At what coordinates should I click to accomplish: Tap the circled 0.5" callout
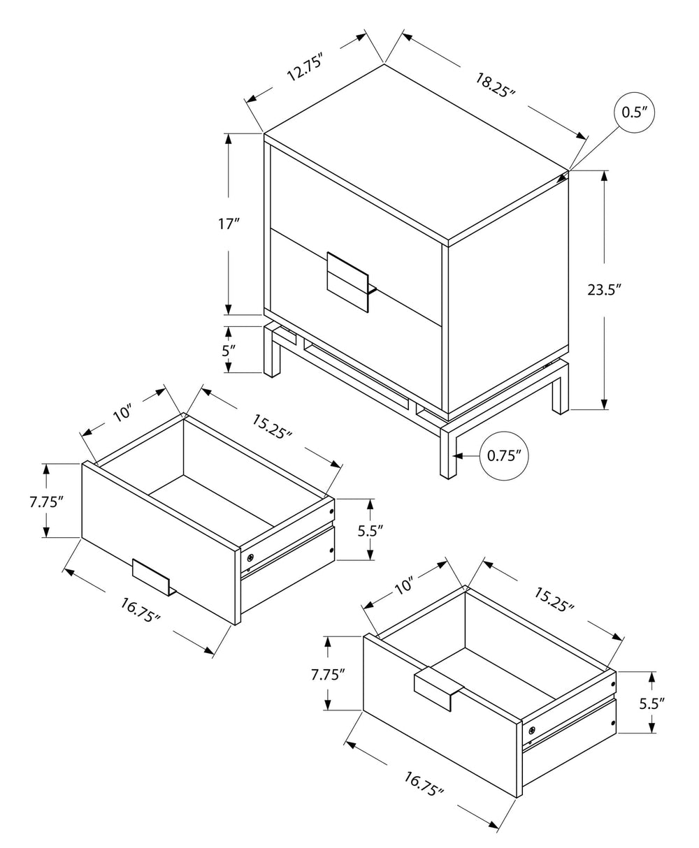point(633,112)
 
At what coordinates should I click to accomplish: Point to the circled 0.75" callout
point(505,456)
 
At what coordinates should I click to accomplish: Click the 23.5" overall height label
point(604,290)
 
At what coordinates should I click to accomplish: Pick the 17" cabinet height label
point(229,225)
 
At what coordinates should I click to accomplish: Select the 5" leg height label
point(229,351)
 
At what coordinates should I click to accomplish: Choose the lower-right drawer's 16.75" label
point(424,784)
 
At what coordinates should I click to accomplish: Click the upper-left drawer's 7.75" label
point(47,501)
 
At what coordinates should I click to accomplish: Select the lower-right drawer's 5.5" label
point(651,703)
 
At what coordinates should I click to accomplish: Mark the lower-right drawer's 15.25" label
point(554,599)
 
